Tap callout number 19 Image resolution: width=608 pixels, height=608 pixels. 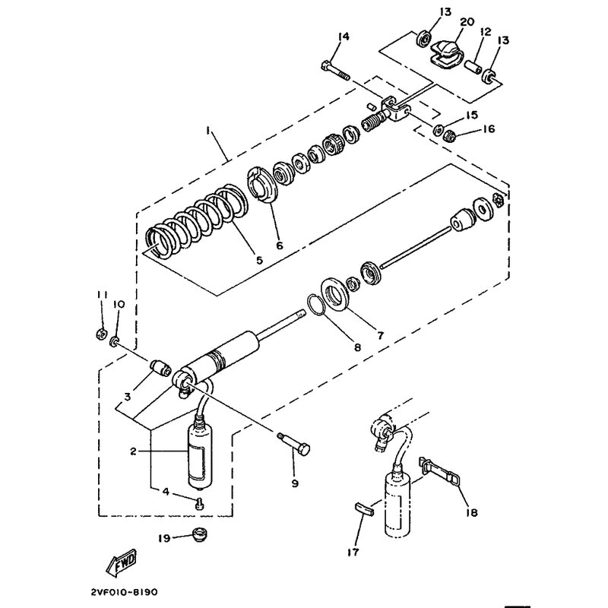click(164, 538)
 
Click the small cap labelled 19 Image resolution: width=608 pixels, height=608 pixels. click(200, 534)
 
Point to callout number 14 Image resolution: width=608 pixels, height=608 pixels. click(344, 36)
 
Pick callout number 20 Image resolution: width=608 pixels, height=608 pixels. click(467, 22)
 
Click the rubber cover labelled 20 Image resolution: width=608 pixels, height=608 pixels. click(447, 53)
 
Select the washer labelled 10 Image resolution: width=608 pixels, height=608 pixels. click(115, 340)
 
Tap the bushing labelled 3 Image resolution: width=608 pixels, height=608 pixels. click(160, 368)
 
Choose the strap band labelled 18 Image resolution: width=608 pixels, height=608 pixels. click(439, 471)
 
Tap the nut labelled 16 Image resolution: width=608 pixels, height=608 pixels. click(449, 136)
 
